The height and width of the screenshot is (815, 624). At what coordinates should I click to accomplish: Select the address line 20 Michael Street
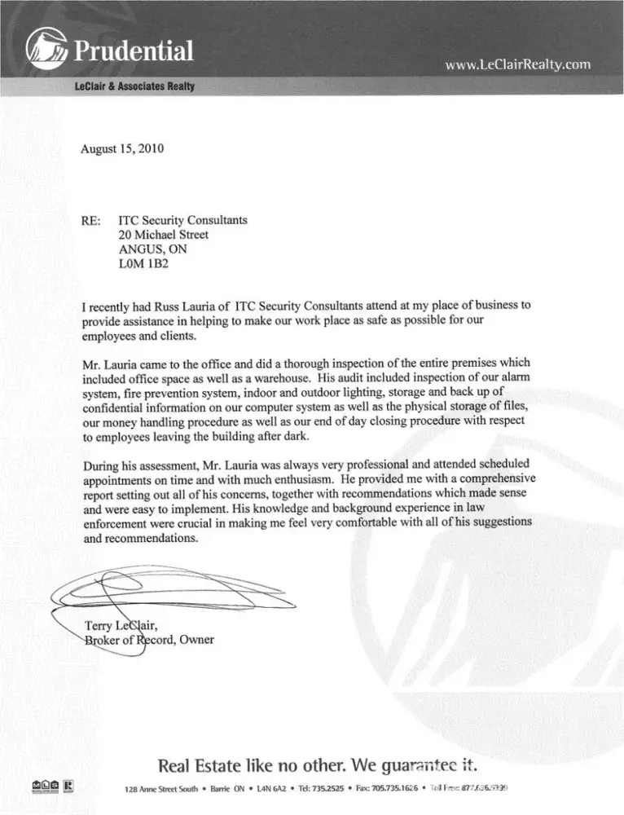pyautogui.click(x=164, y=235)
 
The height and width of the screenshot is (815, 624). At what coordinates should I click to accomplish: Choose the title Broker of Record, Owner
pyautogui.click(x=149, y=640)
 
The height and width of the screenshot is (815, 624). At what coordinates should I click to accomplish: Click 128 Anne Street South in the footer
pyautogui.click(x=147, y=791)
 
